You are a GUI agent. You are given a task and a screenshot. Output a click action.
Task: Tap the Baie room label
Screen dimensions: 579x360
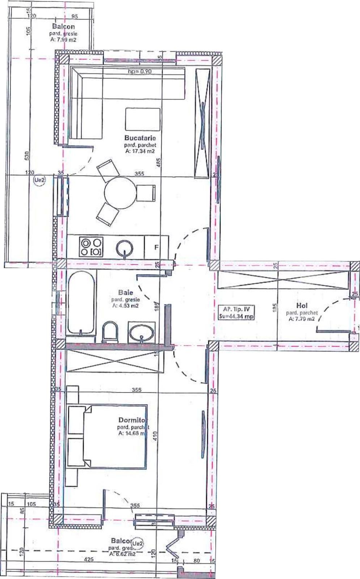pyautogui.click(x=125, y=292)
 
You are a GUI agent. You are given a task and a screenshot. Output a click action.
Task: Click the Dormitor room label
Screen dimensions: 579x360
pyautogui.click(x=133, y=420)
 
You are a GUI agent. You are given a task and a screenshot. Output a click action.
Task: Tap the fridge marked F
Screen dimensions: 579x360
pyautogui.click(x=156, y=248)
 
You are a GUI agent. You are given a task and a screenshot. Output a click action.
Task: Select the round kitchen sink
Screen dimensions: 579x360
pyautogui.click(x=124, y=248)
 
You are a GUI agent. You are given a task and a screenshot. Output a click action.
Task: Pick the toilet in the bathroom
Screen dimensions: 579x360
pyautogui.click(x=110, y=332)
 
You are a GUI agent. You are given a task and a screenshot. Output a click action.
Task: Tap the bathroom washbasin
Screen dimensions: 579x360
pyautogui.click(x=142, y=332)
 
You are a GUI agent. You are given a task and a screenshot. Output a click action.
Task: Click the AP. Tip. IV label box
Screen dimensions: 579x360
pyautogui.click(x=237, y=313)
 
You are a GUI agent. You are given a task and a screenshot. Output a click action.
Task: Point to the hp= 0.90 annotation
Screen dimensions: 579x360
pyautogui.click(x=140, y=72)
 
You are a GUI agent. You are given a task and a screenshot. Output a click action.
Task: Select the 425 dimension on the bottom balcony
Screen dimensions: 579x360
pyautogui.click(x=89, y=559)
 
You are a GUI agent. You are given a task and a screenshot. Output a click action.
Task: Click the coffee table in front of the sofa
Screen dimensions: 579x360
pyautogui.click(x=143, y=119)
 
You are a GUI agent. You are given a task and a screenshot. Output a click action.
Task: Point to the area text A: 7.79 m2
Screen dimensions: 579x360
pyautogui.click(x=301, y=319)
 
